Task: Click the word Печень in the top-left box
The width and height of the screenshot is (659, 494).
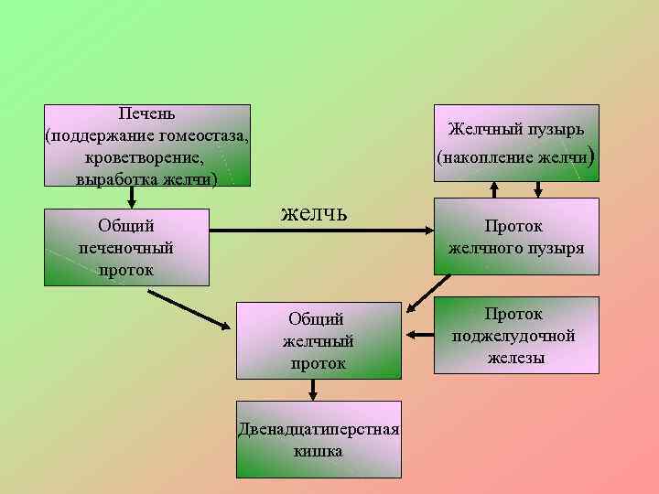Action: (x=147, y=114)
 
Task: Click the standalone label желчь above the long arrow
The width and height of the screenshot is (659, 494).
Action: (x=313, y=213)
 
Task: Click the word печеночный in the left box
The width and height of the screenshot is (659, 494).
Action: (x=126, y=247)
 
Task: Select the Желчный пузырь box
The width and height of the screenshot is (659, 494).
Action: (x=516, y=143)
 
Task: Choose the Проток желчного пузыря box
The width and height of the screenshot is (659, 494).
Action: (x=516, y=236)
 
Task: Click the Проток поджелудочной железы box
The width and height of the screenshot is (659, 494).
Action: (x=516, y=335)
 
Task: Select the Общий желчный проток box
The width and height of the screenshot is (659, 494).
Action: (x=318, y=340)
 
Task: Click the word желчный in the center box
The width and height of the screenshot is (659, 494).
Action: (x=318, y=341)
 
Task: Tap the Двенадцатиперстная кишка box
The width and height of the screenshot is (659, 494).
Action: (x=319, y=439)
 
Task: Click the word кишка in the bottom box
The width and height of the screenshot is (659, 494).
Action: (x=319, y=451)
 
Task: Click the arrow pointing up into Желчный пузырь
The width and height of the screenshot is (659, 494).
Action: (x=494, y=189)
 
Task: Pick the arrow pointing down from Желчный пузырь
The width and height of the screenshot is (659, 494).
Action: (x=538, y=189)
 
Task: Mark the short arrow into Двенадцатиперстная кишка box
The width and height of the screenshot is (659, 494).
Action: (x=314, y=390)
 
